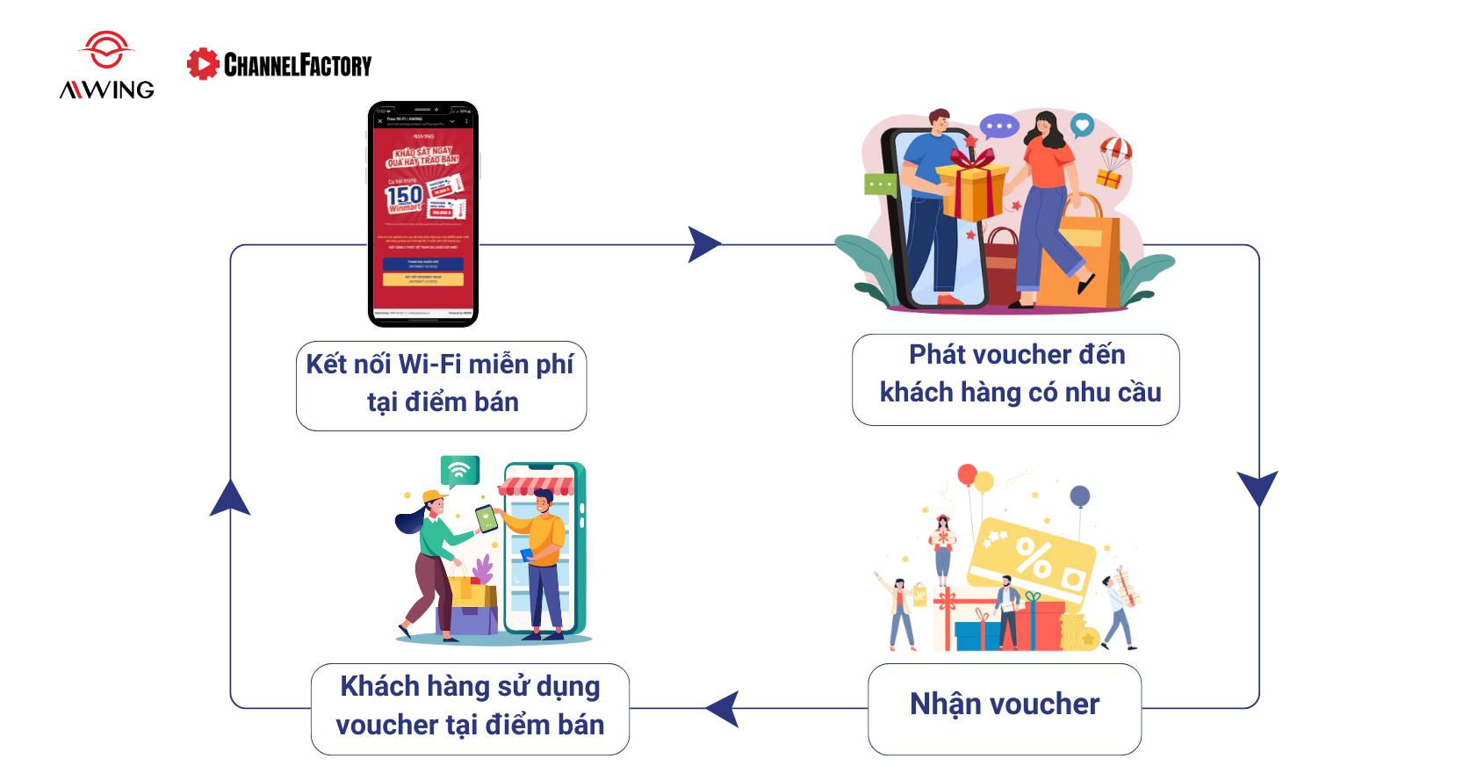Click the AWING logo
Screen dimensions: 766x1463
tap(106, 66)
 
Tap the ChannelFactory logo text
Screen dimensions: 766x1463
tap(298, 64)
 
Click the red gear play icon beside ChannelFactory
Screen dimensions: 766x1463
tap(203, 64)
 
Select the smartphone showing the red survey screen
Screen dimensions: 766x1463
tap(423, 214)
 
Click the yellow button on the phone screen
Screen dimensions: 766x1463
tap(422, 279)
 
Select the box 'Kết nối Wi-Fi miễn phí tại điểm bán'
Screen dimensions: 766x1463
tap(441, 384)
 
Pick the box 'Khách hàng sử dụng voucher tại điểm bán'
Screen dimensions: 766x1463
tap(470, 707)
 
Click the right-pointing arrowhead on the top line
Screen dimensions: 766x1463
tap(703, 245)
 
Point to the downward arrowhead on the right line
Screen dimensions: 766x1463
tap(1258, 488)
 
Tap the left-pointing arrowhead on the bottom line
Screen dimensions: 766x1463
tap(722, 708)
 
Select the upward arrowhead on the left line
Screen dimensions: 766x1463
tap(230, 498)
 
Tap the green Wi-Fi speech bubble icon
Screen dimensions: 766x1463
tap(458, 472)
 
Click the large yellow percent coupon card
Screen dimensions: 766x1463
tap(1031, 562)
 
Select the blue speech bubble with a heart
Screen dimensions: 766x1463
tap(1083, 125)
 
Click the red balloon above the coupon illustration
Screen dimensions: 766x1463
tap(966, 475)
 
